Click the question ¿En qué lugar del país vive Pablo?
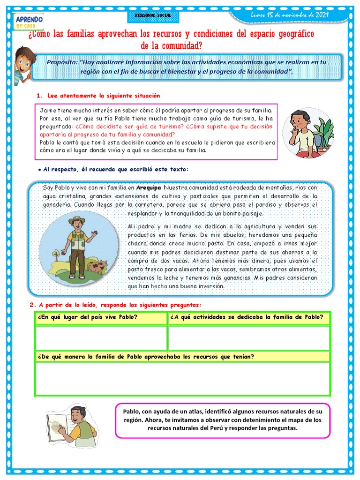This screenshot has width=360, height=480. (87, 317)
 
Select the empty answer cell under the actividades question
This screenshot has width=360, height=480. (249, 338)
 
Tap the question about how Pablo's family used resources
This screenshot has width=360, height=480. (146, 357)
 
